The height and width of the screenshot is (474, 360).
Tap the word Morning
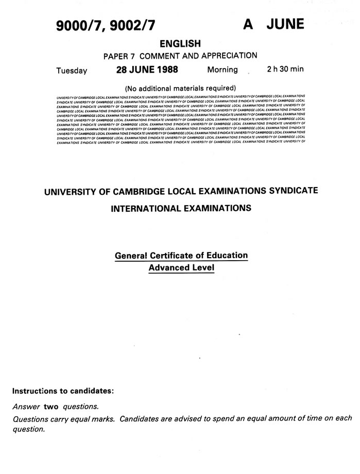222,70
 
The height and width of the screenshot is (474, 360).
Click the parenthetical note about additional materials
180,87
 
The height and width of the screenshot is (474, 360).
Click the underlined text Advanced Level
181,268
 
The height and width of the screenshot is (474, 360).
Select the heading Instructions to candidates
63,391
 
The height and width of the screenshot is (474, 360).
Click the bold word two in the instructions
51,407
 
